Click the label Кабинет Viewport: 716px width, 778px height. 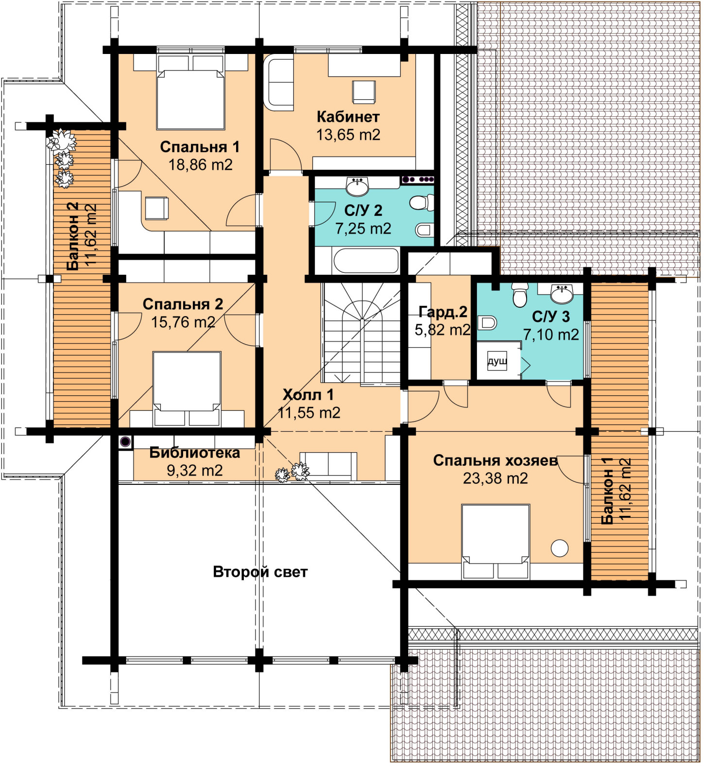click(x=348, y=117)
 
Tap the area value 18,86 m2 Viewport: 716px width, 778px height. click(x=200, y=165)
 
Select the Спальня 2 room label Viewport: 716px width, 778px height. click(x=183, y=304)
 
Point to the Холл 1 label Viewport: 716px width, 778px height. click(x=308, y=394)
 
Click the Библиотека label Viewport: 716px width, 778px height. click(x=194, y=453)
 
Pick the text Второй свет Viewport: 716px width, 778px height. click(x=260, y=572)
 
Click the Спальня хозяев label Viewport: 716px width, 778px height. click(x=495, y=460)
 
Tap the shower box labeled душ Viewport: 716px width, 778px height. click(x=497, y=361)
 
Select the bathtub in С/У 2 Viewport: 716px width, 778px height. click(x=366, y=261)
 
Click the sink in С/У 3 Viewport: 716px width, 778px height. click(x=562, y=294)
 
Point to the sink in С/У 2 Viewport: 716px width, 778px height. click(x=358, y=186)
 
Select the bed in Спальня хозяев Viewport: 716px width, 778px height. click(x=495, y=541)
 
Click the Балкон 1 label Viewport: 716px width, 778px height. click(x=607, y=491)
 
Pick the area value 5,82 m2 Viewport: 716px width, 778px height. click(x=442, y=330)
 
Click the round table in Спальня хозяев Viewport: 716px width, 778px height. click(x=560, y=548)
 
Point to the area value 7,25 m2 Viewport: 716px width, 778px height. click(x=363, y=229)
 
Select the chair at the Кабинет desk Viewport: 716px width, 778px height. click(x=364, y=92)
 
